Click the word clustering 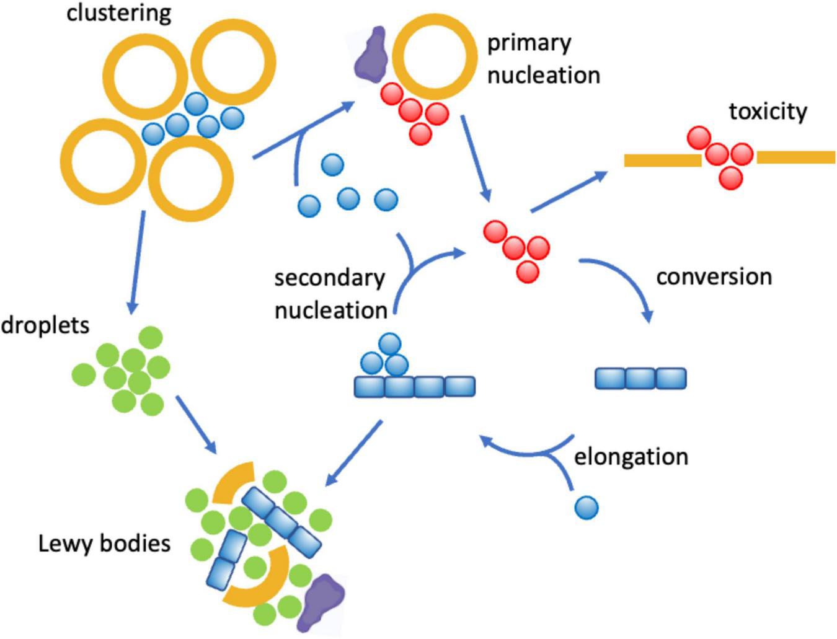pos(118,12)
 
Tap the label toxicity pos(768,112)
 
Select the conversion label pos(714,276)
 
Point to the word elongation pos(631,457)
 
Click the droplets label pos(45,325)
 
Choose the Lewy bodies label pos(104,544)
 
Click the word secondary pos(329,278)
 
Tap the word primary pos(528,43)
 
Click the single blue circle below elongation pos(587,508)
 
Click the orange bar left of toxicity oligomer pos(662,161)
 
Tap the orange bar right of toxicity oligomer pos(795,157)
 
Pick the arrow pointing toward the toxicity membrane pos(569,192)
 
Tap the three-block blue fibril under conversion pos(640,378)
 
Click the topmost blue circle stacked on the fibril pos(389,344)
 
